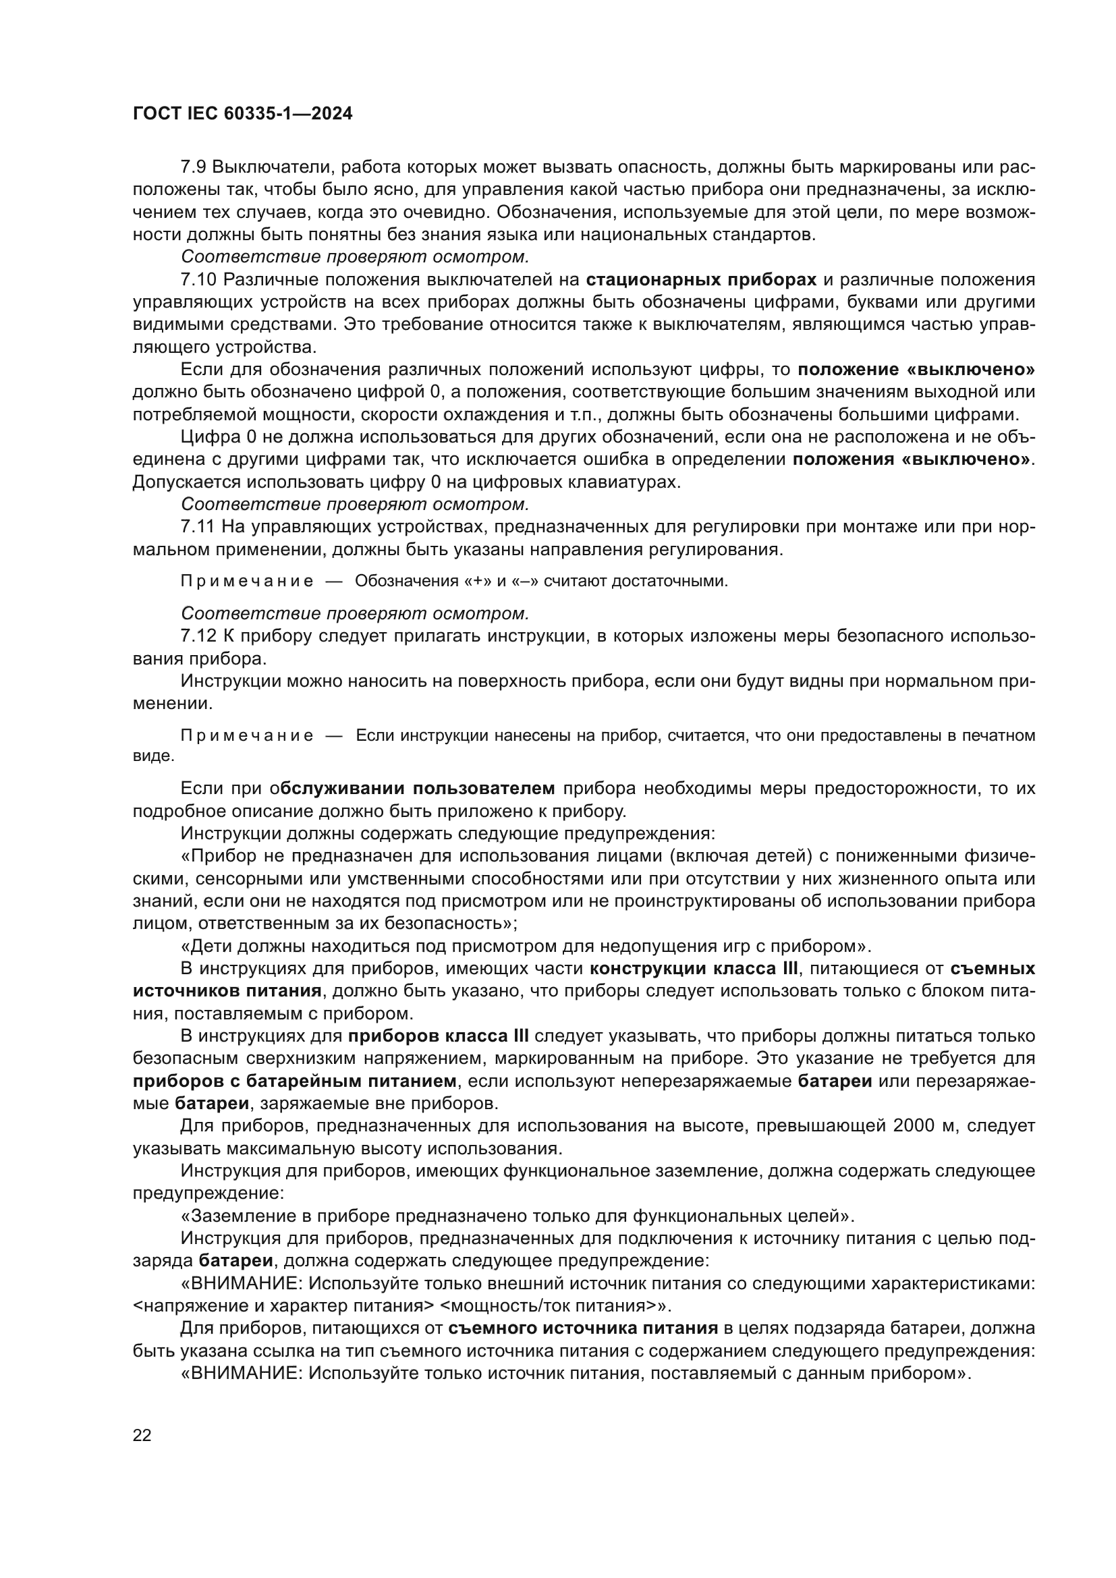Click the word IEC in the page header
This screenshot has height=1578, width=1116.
pyautogui.click(x=201, y=114)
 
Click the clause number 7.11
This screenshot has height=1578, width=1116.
pyautogui.click(x=198, y=527)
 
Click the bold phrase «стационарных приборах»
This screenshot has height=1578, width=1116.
pyautogui.click(x=701, y=280)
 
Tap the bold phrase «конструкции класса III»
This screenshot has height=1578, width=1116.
pyautogui.click(x=694, y=968)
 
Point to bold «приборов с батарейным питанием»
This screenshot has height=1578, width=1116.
pyautogui.click(x=294, y=1081)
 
